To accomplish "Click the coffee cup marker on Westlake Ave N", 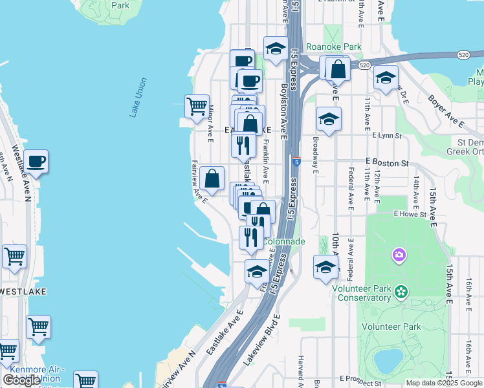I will coord(36,161).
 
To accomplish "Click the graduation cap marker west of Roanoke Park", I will coord(276,48).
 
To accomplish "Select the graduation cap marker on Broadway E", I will coord(329,120).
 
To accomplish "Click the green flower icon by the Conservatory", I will coord(402,292).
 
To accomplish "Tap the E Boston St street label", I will coord(387,162).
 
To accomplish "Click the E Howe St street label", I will coord(410,213).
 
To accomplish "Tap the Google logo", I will coord(21,380).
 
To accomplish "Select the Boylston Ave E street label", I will coord(283,110).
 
